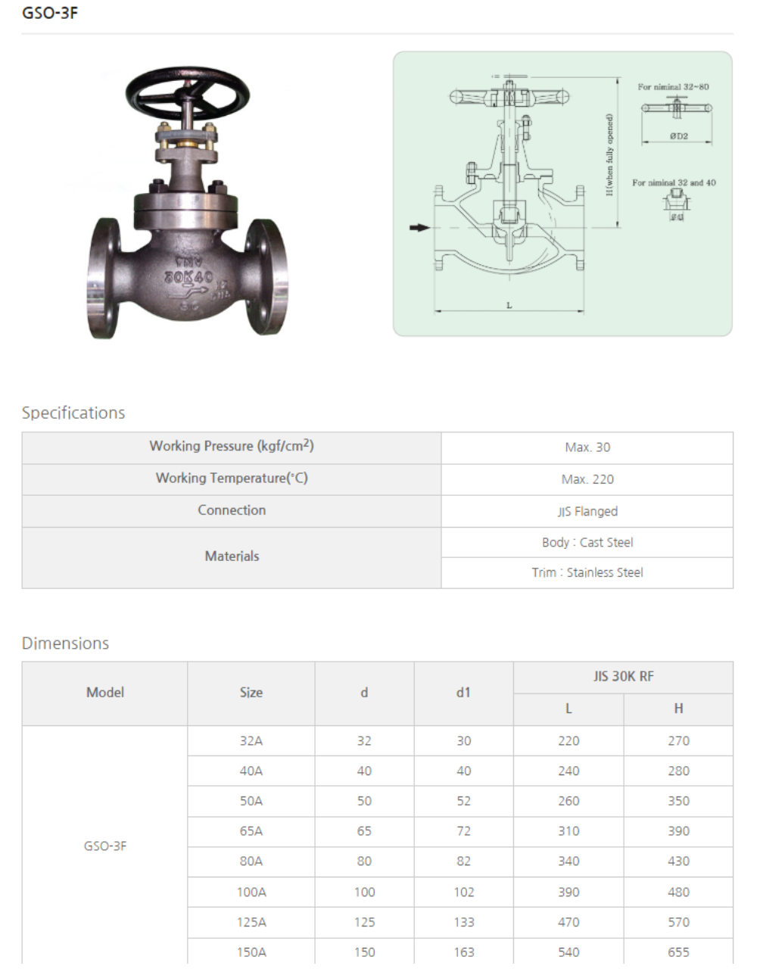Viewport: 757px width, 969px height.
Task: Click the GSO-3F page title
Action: coord(50,13)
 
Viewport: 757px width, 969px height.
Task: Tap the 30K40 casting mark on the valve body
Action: coord(188,278)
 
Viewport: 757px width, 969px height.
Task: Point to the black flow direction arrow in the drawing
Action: coord(419,227)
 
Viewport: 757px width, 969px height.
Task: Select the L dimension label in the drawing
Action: coord(509,305)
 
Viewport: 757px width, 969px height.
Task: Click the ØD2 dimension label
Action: coord(678,136)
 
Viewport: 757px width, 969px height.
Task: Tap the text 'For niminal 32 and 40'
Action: coord(674,182)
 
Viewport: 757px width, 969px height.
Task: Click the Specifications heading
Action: coord(73,413)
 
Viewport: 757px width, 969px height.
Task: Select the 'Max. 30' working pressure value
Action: coord(587,447)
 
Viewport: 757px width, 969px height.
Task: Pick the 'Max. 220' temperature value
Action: coord(587,479)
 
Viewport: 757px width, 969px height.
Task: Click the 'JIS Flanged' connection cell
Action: coord(587,511)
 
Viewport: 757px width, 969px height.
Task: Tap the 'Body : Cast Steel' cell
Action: coord(587,542)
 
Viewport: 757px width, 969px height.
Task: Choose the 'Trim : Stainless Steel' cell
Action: coord(587,572)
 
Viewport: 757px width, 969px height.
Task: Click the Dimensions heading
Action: coord(65,643)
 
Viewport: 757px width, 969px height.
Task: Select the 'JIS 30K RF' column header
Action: coord(623,677)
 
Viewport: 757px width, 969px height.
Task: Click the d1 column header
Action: coord(463,693)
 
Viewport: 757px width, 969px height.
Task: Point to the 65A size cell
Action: coord(251,831)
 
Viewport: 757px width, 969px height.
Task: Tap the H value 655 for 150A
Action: coord(678,952)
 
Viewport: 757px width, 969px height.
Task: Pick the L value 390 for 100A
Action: coord(569,892)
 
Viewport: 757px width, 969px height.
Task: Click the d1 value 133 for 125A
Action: coord(463,922)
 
